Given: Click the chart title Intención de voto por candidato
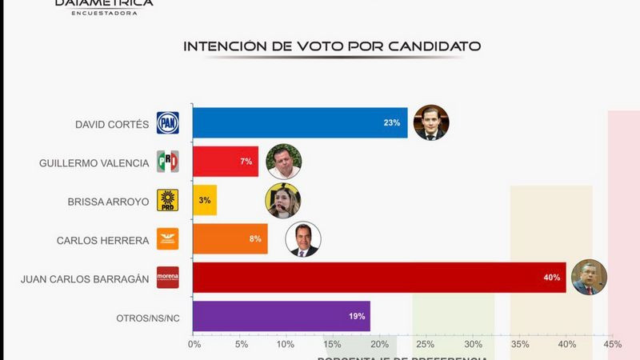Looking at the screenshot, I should point(332,46).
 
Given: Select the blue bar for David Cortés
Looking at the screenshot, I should point(300,123).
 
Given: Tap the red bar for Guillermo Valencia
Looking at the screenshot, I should point(226,162).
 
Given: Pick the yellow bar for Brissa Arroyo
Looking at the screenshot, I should point(205,200).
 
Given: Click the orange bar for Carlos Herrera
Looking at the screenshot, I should point(230,238).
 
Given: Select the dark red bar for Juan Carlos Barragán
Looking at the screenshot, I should point(379,277).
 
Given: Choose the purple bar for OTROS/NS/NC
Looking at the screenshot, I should point(281,315).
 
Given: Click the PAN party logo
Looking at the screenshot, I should point(168,123).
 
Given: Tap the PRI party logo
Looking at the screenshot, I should point(168,162).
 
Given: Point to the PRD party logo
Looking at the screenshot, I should point(168,200).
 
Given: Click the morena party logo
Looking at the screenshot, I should point(168,277).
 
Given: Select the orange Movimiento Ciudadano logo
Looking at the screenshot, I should point(168,238).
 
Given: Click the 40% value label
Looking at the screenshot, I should point(551,278).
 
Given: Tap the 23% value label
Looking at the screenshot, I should point(391,123).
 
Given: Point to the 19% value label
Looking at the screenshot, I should point(355,316).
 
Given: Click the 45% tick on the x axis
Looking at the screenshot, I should point(612,345).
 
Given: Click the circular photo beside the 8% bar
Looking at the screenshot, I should point(303,238).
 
